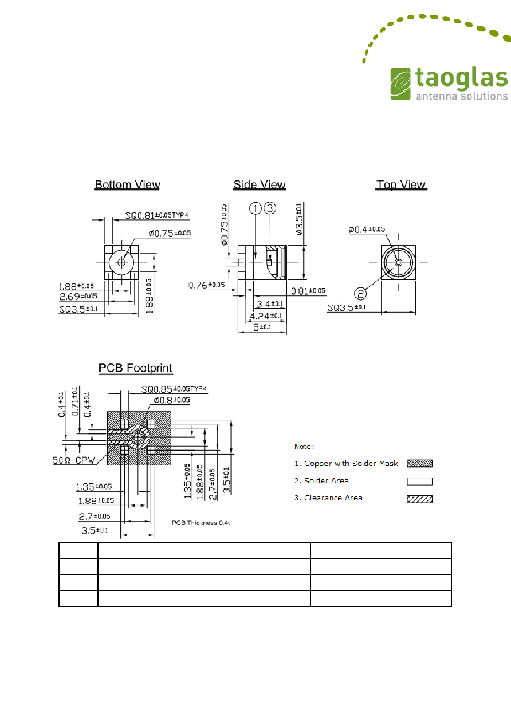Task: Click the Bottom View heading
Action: [x=127, y=185]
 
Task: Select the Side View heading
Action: [x=260, y=185]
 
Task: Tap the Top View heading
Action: [x=401, y=185]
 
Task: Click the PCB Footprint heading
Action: [x=135, y=368]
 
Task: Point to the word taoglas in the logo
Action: [x=462, y=78]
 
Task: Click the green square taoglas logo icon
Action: [x=401, y=84]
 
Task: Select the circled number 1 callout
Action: [x=256, y=208]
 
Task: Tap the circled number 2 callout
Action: [x=360, y=294]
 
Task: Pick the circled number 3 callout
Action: [x=270, y=208]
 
